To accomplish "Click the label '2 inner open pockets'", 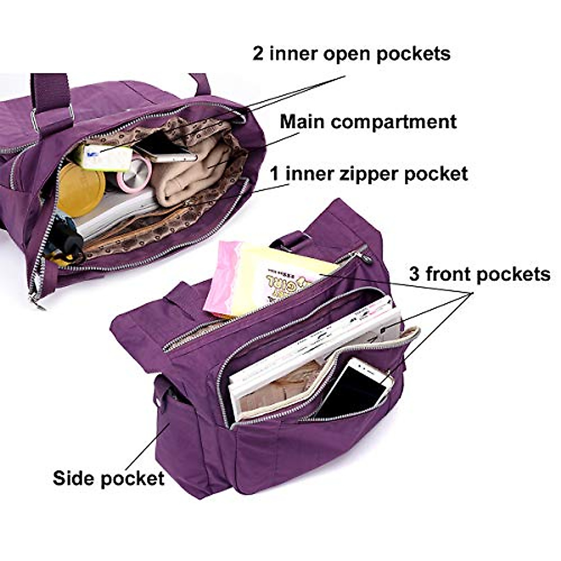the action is [x=352, y=54].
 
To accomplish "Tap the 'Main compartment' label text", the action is [x=368, y=122].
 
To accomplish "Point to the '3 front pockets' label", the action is [x=480, y=274].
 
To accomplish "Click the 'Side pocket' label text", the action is [x=108, y=478].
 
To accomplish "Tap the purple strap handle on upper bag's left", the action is [x=49, y=93].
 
